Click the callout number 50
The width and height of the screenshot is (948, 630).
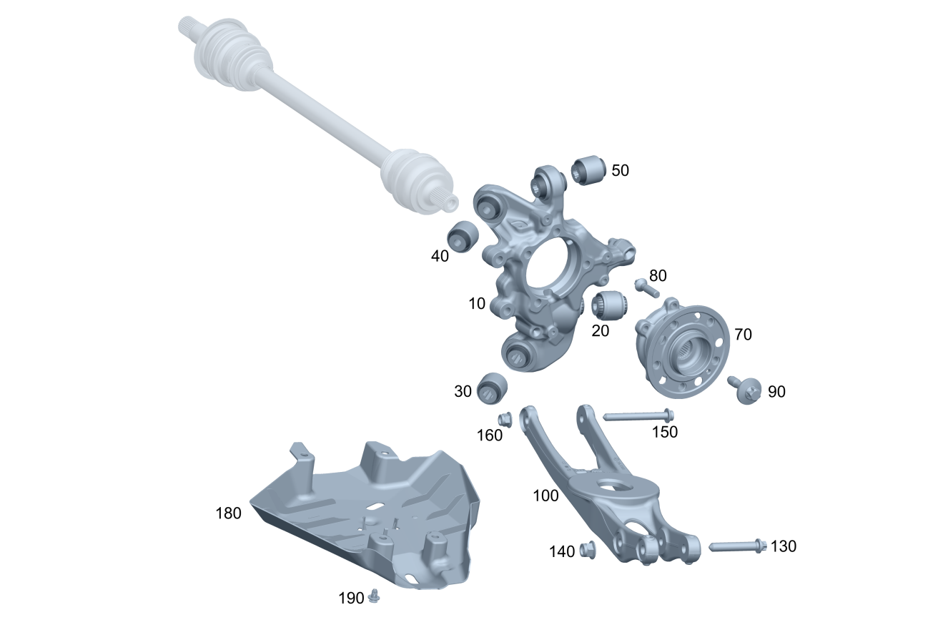tap(620, 170)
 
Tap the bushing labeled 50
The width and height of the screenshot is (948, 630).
tap(588, 170)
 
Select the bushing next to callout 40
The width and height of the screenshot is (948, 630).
tap(463, 236)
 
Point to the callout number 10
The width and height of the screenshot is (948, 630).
tap(477, 303)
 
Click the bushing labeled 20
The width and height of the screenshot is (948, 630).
tap(609, 305)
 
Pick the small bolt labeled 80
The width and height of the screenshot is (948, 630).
tap(647, 288)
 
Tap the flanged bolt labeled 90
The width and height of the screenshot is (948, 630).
tap(744, 390)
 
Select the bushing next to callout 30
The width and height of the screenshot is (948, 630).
tap(492, 388)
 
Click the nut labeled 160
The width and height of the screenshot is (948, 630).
tap(505, 419)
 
